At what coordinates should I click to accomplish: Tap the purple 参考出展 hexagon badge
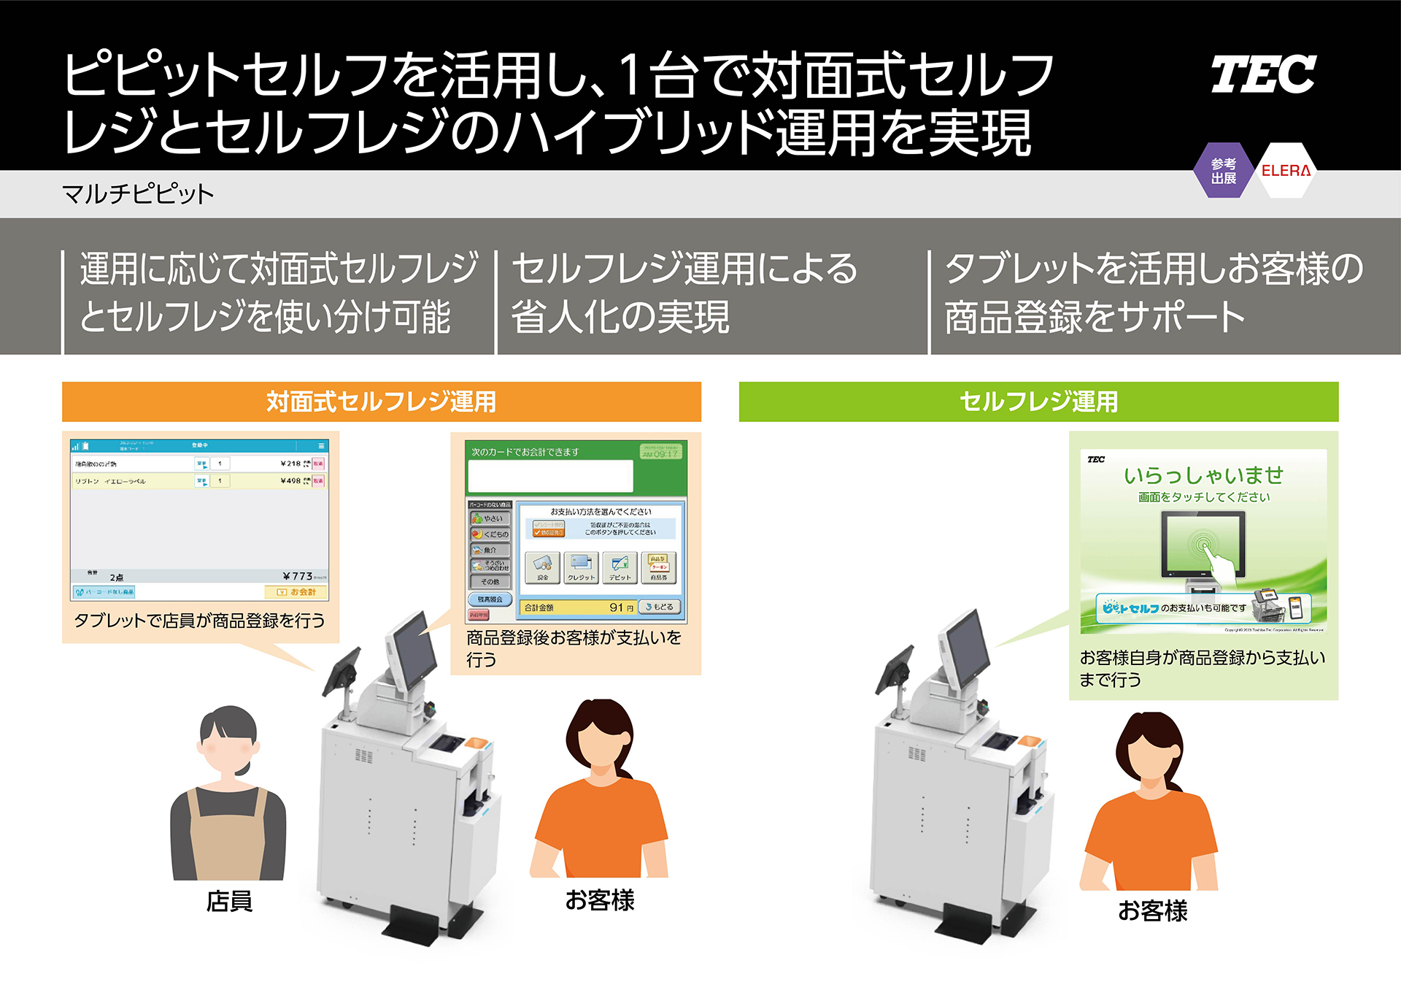pyautogui.click(x=1224, y=171)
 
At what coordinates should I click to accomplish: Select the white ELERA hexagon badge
pyautogui.click(x=1286, y=171)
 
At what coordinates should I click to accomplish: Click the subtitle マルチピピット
pyautogui.click(x=138, y=194)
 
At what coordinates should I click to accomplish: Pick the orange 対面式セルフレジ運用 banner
pyautogui.click(x=381, y=402)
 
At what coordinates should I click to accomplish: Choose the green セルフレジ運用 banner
pyautogui.click(x=1038, y=402)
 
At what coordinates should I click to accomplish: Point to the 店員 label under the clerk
pyautogui.click(x=229, y=902)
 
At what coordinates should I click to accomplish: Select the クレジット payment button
pyautogui.click(x=581, y=567)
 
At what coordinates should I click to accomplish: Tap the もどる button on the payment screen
pyautogui.click(x=660, y=607)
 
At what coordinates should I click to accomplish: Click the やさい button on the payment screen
pyautogui.click(x=490, y=518)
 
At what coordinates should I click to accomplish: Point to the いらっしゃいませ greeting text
pyautogui.click(x=1203, y=475)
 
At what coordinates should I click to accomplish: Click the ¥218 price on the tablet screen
pyautogui.click(x=290, y=463)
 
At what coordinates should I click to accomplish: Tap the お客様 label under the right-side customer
pyautogui.click(x=1152, y=911)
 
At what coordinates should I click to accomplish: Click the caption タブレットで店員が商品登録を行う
pyautogui.click(x=199, y=621)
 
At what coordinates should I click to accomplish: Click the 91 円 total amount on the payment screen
pyautogui.click(x=621, y=607)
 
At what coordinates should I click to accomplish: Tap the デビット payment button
pyautogui.click(x=620, y=567)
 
